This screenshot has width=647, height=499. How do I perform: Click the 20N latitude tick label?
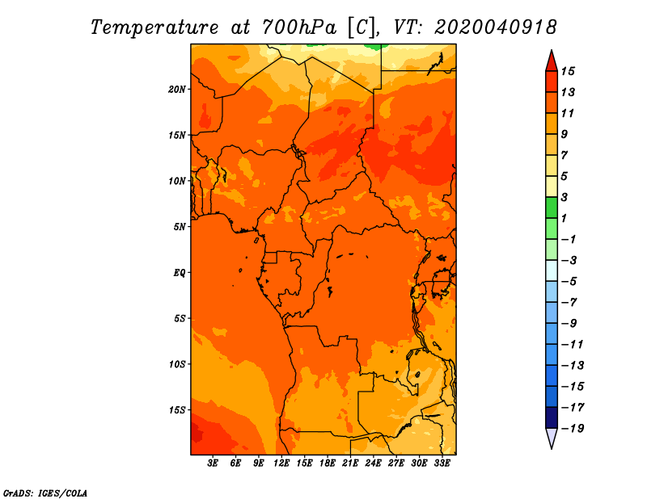click(176, 89)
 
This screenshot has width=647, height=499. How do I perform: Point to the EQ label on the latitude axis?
click(179, 272)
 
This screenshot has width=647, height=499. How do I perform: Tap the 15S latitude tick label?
click(177, 410)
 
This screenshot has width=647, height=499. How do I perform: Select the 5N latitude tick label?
click(180, 227)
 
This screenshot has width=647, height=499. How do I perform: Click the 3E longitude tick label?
click(213, 463)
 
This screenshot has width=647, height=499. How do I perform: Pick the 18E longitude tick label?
click(328, 463)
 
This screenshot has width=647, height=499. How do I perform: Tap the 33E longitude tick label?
click(442, 463)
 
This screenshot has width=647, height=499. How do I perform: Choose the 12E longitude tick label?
click(281, 463)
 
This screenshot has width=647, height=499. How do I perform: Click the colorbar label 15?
click(568, 71)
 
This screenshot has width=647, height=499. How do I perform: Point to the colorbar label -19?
click(573, 429)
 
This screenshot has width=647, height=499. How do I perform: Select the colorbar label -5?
click(569, 282)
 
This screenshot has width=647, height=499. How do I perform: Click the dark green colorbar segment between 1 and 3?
click(552, 208)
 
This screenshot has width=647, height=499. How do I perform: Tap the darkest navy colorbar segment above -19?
click(552, 417)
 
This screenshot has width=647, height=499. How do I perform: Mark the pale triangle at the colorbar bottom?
click(552, 438)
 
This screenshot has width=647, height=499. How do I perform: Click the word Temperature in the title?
click(154, 28)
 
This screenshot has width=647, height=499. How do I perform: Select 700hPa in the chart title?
click(299, 27)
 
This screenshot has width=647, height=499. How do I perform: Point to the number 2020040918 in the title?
click(496, 27)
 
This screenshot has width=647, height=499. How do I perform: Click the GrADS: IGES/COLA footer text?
click(45, 493)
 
